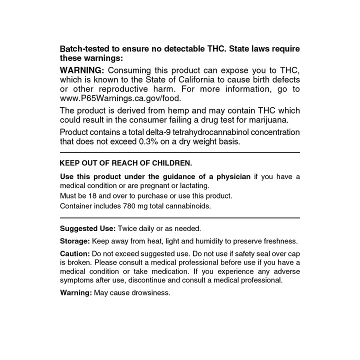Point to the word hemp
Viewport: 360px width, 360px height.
[x=166, y=110]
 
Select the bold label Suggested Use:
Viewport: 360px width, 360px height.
[x=87, y=228]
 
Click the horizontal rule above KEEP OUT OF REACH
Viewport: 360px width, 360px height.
[x=179, y=152]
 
